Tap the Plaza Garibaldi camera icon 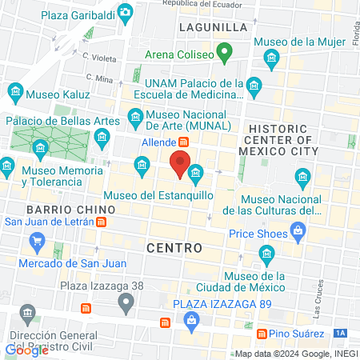pos(126,12)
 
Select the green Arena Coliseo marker pos(225,55)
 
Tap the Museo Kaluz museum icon pos(14,94)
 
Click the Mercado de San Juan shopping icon pos(36,240)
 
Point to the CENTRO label pos(174,248)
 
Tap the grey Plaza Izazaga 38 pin pos(126,302)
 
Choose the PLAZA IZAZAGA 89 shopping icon pos(191,321)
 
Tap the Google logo pos(26,350)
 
